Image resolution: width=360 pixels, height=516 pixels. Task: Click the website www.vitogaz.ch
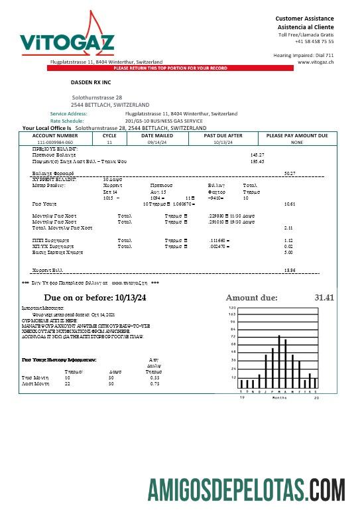coord(315,62)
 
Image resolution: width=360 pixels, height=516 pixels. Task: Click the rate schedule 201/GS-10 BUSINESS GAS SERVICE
coord(164,121)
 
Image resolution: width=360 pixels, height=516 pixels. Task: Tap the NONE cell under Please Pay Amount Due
coord(296,142)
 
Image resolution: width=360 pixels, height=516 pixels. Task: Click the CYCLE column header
coord(109,135)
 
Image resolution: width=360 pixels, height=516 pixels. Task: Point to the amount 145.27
coord(257,155)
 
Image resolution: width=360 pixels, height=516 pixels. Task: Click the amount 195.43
coord(257,161)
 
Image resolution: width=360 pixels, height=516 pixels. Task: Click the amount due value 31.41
coord(323,297)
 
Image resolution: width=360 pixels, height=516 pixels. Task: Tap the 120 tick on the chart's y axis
coord(232,308)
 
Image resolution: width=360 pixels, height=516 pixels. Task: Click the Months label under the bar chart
coord(280,397)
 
